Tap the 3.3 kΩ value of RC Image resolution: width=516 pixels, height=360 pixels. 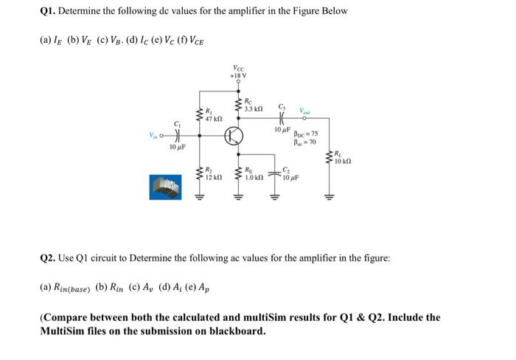254,108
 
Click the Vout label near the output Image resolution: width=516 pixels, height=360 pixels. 304,111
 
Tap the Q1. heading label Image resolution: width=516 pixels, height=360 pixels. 49,11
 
